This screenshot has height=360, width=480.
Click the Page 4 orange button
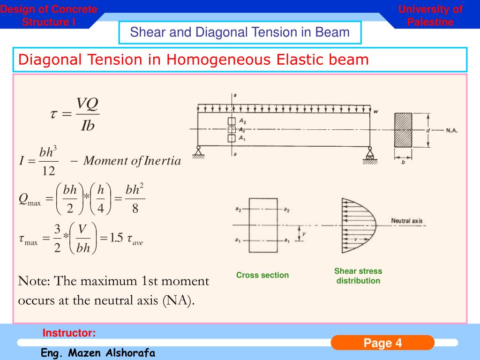tap(382, 343)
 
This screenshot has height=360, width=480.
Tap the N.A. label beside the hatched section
tap(451, 130)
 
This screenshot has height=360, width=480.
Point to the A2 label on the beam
tap(242, 121)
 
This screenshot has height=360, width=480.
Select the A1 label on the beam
tap(242, 138)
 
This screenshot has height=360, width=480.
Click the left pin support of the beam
tap(198, 151)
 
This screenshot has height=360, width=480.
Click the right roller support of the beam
tap(369, 151)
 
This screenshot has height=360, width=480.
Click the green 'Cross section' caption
tap(262, 275)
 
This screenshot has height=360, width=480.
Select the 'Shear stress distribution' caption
tap(358, 276)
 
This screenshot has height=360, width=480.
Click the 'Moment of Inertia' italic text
tap(132, 161)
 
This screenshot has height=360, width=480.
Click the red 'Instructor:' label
tap(69, 333)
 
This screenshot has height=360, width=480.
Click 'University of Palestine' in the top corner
tap(430, 15)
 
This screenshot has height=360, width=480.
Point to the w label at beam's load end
tap(375, 112)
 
